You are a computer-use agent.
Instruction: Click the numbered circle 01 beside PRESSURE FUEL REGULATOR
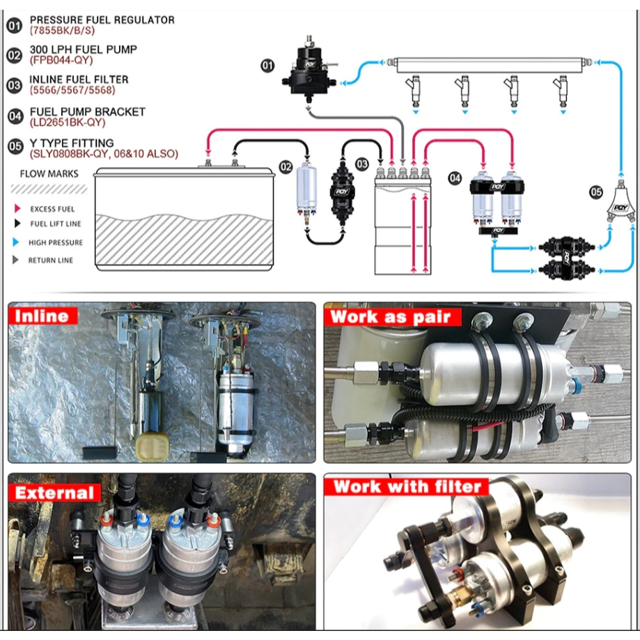tap(15, 26)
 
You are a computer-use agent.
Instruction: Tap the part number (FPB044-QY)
tap(61, 61)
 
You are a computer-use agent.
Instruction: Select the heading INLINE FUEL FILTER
tap(79, 79)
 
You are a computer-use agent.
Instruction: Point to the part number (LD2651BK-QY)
tap(68, 123)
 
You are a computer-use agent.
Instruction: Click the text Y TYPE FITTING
tap(72, 143)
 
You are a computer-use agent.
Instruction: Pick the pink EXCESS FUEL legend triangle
tap(17, 209)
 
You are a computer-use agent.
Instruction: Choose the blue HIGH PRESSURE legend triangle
tap(16, 242)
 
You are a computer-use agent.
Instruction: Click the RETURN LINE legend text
tap(51, 260)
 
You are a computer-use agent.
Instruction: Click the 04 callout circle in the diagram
tap(455, 178)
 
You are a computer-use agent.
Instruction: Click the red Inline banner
tap(43, 315)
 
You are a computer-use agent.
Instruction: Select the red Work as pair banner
tap(392, 317)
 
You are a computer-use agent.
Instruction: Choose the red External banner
tap(55, 492)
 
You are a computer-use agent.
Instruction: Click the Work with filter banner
tap(407, 487)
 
